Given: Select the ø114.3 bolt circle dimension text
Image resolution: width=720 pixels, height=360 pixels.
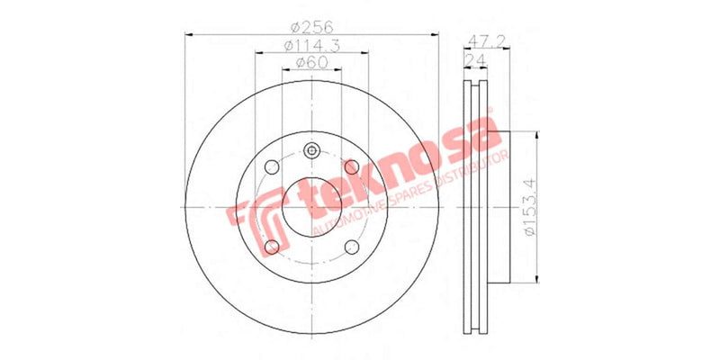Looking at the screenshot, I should [310, 45].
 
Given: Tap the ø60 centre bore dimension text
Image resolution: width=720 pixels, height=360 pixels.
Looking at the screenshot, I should [310, 62].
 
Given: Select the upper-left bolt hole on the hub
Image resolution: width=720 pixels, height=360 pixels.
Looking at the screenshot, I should [271, 166].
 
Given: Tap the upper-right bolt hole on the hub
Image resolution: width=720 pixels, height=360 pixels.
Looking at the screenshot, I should [352, 166].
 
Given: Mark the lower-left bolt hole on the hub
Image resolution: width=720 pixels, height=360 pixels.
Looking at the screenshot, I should [271, 247].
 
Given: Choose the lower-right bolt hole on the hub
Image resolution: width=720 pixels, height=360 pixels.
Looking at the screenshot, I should [352, 247].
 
